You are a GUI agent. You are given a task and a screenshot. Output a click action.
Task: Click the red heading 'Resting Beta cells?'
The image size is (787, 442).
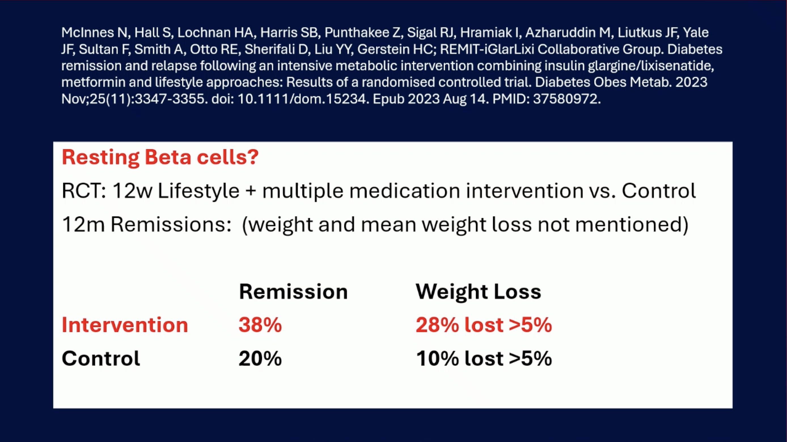tap(160, 158)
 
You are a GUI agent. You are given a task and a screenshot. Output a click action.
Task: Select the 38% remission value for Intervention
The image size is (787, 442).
tap(260, 325)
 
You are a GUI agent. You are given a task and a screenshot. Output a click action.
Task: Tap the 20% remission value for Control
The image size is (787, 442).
tap(260, 358)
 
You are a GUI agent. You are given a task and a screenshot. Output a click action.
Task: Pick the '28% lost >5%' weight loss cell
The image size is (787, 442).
tap(484, 325)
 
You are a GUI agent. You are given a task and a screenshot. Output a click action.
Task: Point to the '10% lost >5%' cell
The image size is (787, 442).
tap(484, 358)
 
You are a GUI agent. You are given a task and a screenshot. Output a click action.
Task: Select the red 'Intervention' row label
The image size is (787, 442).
tap(125, 325)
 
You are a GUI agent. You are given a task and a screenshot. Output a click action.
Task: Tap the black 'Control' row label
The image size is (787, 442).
tap(101, 358)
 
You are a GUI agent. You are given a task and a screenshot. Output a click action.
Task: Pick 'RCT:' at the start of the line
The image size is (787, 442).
tap(84, 191)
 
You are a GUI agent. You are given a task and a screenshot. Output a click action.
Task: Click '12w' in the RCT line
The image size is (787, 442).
tap(132, 191)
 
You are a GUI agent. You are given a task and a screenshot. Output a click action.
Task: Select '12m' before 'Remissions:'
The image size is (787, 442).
tap(83, 225)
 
